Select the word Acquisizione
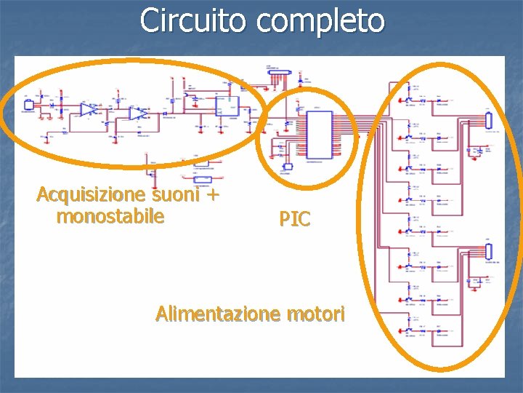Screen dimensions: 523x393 [x=92, y=195]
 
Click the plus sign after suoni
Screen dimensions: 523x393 [x=214, y=195]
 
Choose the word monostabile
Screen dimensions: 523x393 [x=110, y=216]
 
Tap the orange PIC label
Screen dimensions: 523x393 [x=295, y=218]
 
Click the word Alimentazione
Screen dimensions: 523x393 [x=219, y=314]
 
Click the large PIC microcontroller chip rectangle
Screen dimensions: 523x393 [x=318, y=135]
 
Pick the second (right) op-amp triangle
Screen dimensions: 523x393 [x=137, y=114]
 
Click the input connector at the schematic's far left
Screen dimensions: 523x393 [x=29, y=105]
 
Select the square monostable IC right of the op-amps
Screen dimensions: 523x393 [x=227, y=106]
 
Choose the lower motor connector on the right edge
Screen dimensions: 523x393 [x=489, y=252]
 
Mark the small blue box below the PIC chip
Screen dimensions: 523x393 [x=288, y=167]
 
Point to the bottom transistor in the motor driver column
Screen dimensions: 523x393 [x=408, y=332]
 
